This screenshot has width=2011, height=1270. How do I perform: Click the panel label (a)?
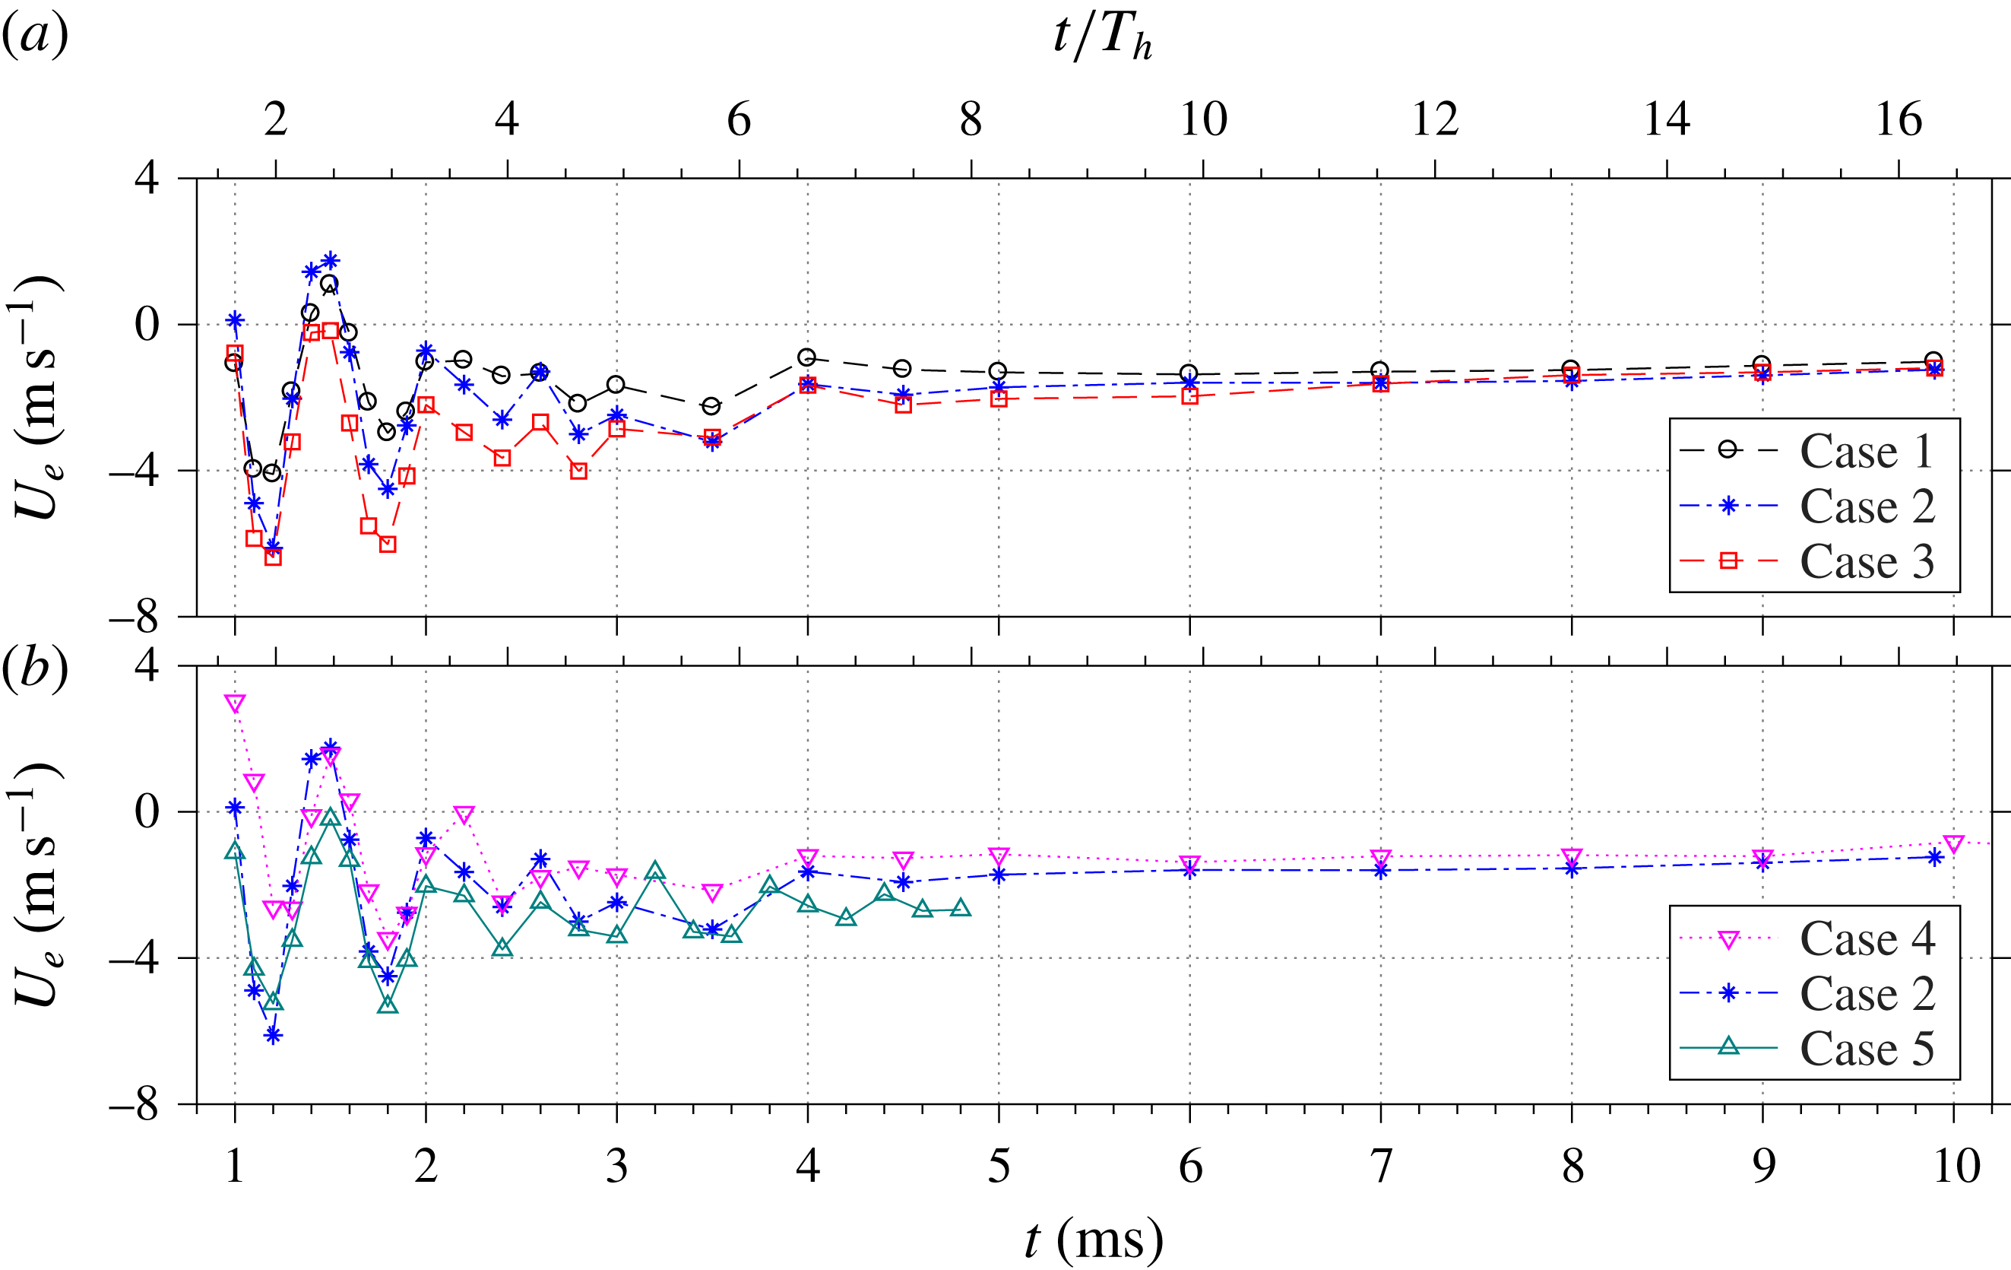[x=35, y=35]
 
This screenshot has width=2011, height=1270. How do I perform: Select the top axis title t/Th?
[x=1102, y=37]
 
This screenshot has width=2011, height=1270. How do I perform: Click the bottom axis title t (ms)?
[x=1094, y=1239]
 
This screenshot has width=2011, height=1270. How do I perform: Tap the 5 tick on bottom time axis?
[x=999, y=1166]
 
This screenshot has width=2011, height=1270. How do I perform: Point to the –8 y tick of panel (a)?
[x=134, y=618]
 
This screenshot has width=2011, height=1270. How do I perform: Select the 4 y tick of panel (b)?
[x=146, y=666]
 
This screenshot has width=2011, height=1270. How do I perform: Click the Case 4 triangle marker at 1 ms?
[x=235, y=703]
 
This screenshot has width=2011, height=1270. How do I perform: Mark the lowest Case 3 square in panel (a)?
[x=273, y=557]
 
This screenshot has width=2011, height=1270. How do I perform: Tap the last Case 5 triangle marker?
[x=961, y=908]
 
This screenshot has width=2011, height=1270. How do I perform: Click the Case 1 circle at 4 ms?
[x=806, y=357]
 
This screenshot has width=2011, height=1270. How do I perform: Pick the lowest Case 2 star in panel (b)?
[x=273, y=1036]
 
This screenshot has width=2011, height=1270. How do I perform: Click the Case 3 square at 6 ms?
[x=1190, y=396]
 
